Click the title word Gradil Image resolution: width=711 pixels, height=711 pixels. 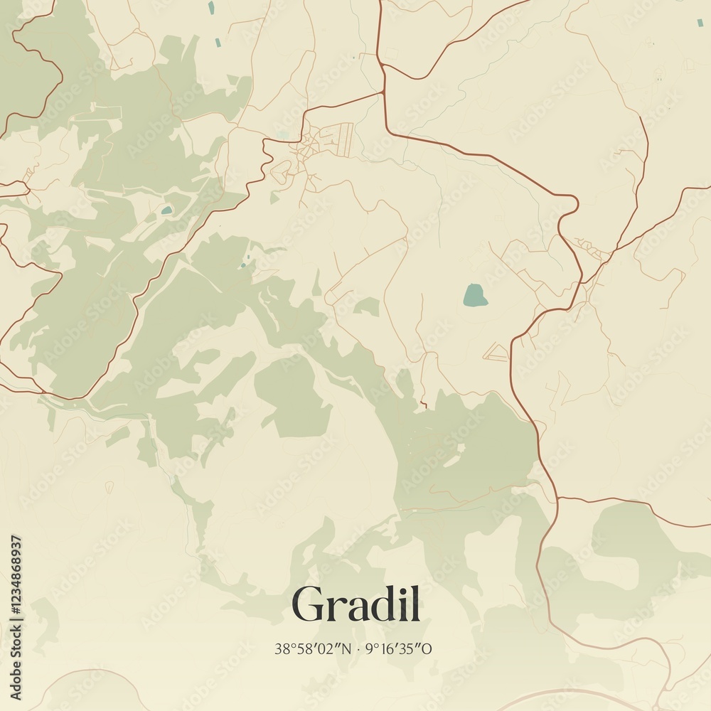tap(355, 605)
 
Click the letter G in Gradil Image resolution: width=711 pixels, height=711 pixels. tap(307, 605)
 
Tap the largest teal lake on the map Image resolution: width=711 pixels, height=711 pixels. tap(475, 295)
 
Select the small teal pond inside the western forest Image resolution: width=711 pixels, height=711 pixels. tap(166, 210)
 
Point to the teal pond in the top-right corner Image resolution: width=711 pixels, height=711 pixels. tap(700, 22)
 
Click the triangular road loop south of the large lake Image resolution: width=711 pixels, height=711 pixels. tap(496, 351)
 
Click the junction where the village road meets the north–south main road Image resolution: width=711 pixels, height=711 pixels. tap(384, 92)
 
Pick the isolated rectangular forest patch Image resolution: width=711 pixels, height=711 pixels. tap(292, 395)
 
